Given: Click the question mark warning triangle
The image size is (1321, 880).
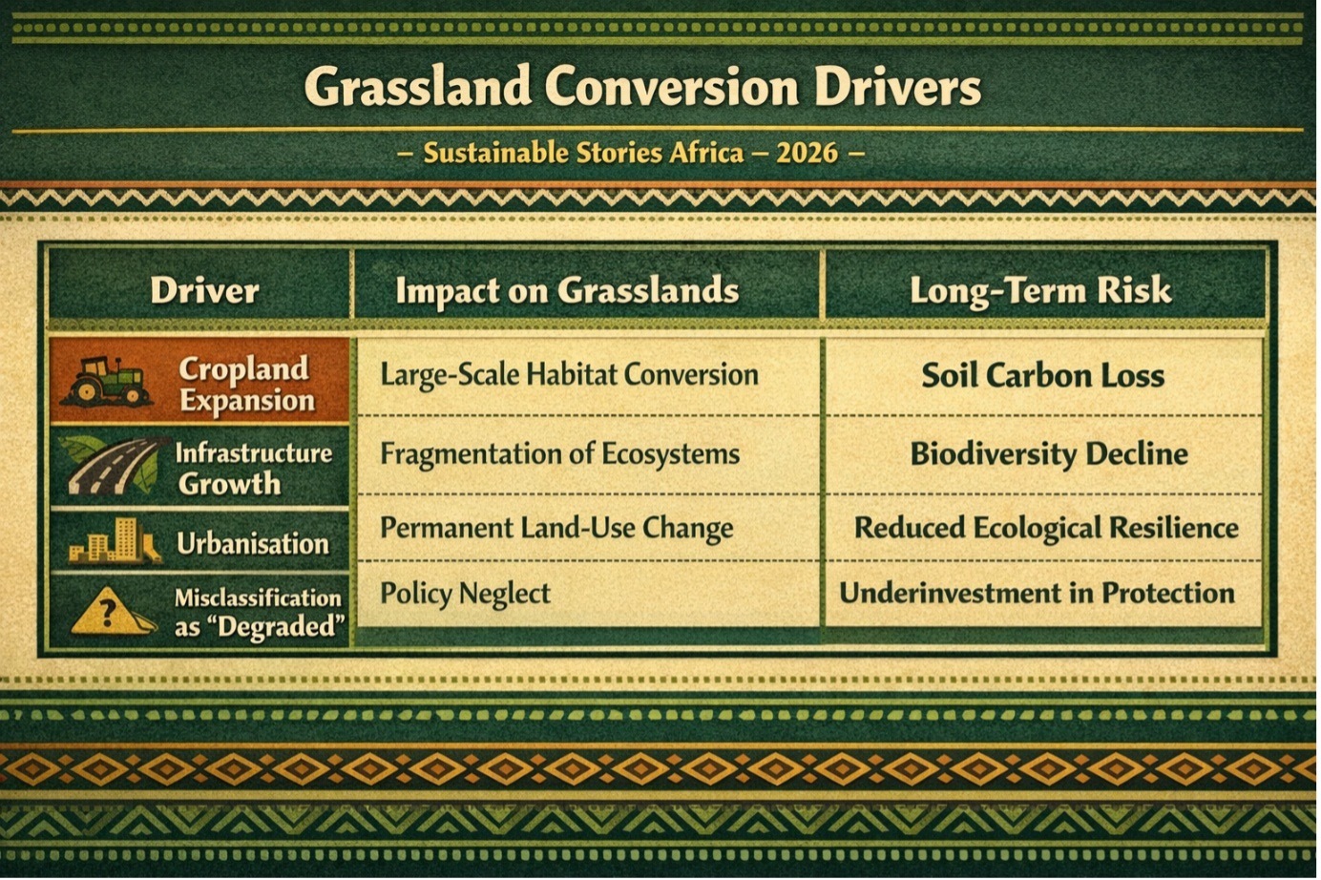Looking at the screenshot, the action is click(111, 611).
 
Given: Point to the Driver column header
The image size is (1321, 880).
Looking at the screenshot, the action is click(204, 290).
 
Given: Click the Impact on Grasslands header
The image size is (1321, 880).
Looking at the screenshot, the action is click(567, 291).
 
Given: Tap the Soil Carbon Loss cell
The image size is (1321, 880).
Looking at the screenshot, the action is click(1042, 375).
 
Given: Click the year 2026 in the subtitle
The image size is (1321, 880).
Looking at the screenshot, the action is click(807, 154).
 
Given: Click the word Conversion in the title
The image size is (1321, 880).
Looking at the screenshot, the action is click(672, 87).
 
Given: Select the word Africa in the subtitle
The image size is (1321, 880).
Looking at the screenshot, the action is click(706, 154).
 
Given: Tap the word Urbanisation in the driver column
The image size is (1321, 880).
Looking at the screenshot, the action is click(252, 543).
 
